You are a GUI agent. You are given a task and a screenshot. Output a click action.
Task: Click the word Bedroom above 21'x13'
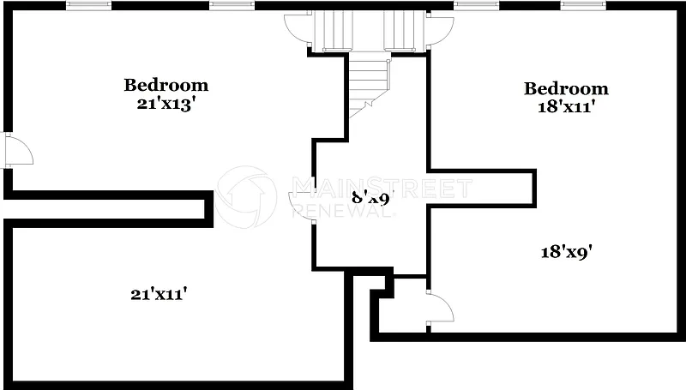click(166, 85)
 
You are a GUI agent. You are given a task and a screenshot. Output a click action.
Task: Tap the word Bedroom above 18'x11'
click(566, 88)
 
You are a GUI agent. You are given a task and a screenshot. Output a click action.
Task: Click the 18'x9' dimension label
click(567, 252)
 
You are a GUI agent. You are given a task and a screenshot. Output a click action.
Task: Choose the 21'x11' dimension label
click(159, 294)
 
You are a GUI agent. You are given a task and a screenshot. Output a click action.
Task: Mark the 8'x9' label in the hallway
click(371, 199)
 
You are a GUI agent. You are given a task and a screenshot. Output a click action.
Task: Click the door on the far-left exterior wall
click(16, 150)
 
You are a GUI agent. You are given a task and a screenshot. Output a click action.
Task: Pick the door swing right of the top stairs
click(440, 29)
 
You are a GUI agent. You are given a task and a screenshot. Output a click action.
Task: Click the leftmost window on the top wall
click(89, 5)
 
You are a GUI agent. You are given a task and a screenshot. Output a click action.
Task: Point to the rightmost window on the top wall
click(584, 5)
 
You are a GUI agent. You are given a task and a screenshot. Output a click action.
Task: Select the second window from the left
click(232, 5)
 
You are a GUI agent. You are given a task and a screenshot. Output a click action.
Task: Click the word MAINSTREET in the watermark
click(382, 187)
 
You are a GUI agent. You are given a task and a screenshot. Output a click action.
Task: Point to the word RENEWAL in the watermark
click(343, 211)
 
